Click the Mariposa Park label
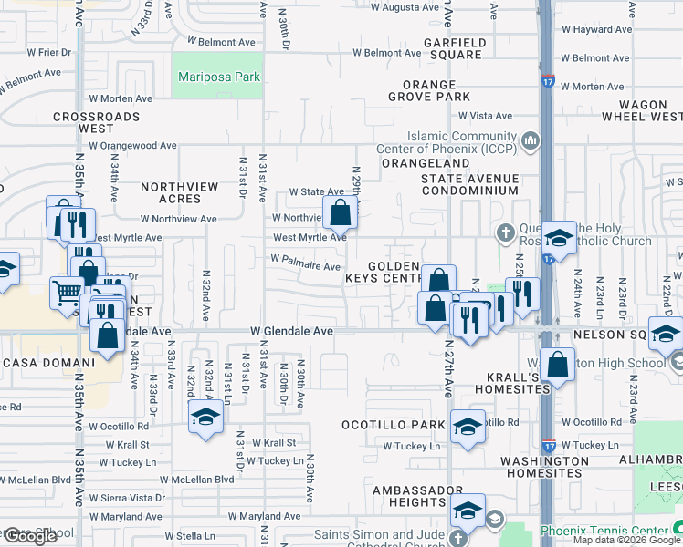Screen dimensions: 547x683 219,77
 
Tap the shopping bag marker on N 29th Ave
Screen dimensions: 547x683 340,215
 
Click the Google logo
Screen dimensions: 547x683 30,536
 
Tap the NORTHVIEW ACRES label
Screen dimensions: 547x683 180,192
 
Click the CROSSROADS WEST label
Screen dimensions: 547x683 96,122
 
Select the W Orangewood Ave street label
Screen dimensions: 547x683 139,145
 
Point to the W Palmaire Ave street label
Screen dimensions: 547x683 305,263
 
